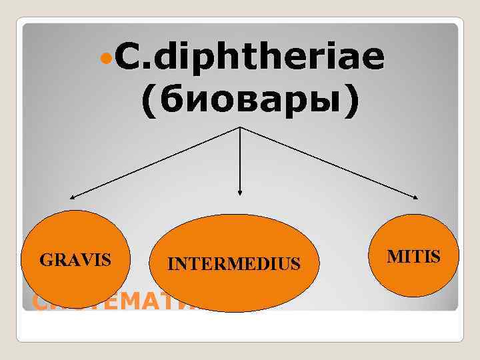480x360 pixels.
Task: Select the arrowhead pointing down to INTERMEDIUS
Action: [240, 193]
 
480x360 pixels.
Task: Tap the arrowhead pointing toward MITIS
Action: [417, 197]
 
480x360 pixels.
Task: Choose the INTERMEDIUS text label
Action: [234, 265]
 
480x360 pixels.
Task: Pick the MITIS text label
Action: [414, 255]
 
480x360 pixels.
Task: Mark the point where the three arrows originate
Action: [240, 127]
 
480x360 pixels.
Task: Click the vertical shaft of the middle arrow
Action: [240, 160]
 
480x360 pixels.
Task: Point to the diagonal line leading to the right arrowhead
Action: [330, 162]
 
